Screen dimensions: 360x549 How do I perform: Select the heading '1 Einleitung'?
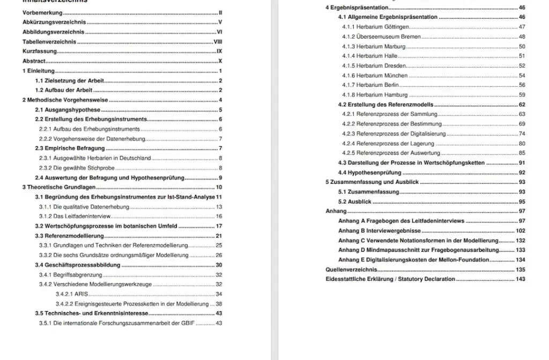[x=39, y=71]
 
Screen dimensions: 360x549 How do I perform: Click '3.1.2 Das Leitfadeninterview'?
[x=75, y=216]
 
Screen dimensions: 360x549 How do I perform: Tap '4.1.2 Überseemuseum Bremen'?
[x=381, y=37]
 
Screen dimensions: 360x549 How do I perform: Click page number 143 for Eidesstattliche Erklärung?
[x=520, y=279]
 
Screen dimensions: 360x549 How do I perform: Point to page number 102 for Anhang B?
[x=520, y=231]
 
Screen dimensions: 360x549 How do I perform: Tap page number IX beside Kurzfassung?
[x=219, y=51]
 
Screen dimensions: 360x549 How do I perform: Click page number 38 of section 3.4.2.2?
[x=219, y=304]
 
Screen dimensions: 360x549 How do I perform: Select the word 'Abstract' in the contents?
[x=33, y=62]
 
